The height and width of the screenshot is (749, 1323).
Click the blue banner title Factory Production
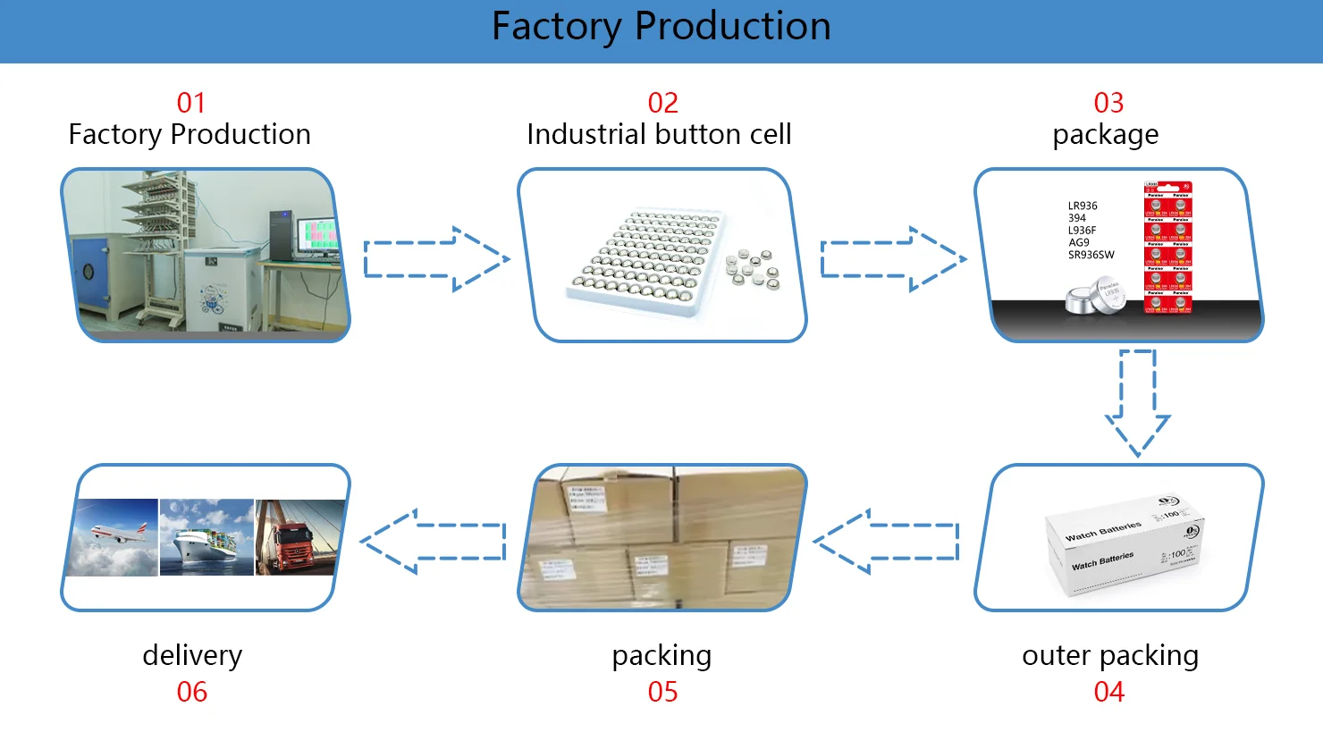[661, 27]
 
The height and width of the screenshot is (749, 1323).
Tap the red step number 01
[191, 103]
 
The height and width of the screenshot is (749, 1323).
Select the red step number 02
[662, 103]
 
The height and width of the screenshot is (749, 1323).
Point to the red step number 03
[1108, 103]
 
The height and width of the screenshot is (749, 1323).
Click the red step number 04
[1108, 692]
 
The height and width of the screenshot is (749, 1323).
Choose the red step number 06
[191, 692]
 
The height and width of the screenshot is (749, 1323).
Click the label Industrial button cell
[659, 134]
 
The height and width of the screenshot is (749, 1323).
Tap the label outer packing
[1110, 655]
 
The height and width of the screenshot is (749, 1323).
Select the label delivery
[192, 655]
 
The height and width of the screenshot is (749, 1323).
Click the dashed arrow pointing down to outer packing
[1137, 402]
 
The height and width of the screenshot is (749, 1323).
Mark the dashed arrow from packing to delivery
[434, 541]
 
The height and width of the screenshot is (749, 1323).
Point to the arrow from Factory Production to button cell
[436, 259]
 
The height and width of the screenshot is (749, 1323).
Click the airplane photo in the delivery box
[114, 536]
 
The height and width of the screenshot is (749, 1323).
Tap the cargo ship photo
[206, 536]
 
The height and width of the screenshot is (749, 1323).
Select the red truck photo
[299, 536]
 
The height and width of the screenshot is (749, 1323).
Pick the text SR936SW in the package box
[1091, 255]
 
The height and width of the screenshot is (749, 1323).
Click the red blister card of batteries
[1167, 248]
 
